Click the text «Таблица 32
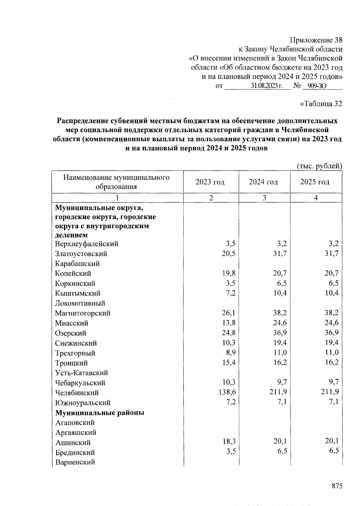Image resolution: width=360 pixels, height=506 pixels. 321,104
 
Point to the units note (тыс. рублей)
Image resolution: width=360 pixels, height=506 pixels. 319,166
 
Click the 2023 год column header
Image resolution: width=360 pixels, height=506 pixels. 210,182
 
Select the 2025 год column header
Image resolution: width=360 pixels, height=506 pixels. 315,182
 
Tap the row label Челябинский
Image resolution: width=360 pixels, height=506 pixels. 77,393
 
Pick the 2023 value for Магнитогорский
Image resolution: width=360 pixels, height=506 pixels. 229,313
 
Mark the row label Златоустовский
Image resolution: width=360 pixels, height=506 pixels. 81,254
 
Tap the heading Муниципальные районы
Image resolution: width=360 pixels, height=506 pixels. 100,412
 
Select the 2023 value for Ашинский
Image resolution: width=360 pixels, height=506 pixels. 229,442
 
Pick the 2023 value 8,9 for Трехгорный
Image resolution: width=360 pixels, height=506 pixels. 230,353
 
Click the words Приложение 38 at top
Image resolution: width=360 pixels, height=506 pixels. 316,40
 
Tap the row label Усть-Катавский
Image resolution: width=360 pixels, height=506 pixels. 82,373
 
